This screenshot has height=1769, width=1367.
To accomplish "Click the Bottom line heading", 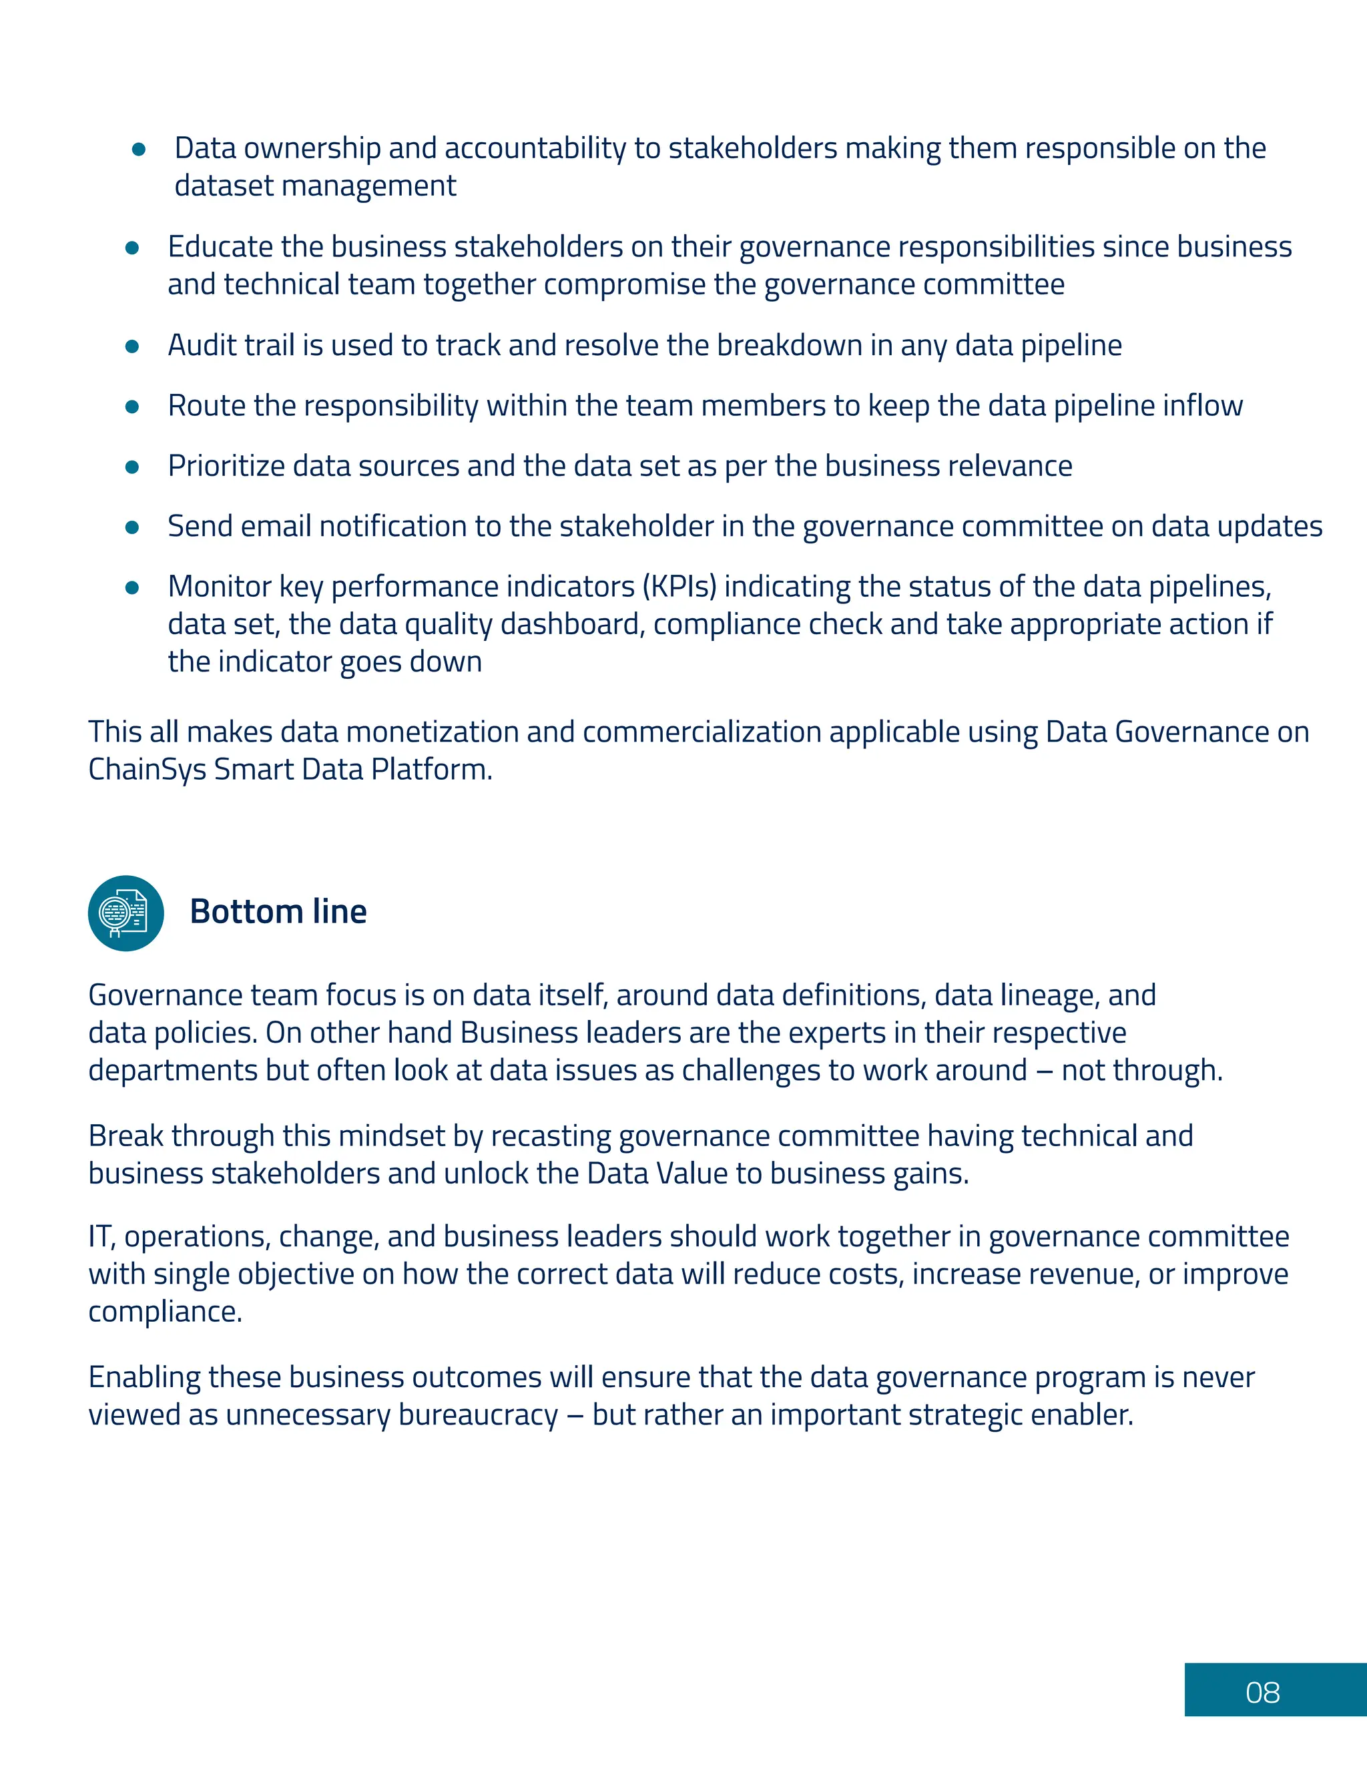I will [278, 912].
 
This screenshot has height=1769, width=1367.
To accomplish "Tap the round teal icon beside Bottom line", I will [125, 913].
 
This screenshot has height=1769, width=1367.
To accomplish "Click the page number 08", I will [1262, 1693].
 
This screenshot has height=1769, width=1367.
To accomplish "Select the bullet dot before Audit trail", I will [133, 346].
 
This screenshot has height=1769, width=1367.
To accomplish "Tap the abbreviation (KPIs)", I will [679, 586].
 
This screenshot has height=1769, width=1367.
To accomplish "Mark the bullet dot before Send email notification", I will [133, 527].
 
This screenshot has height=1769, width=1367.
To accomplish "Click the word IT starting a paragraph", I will [99, 1237].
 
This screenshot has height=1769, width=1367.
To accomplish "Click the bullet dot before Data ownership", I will [138, 150].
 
